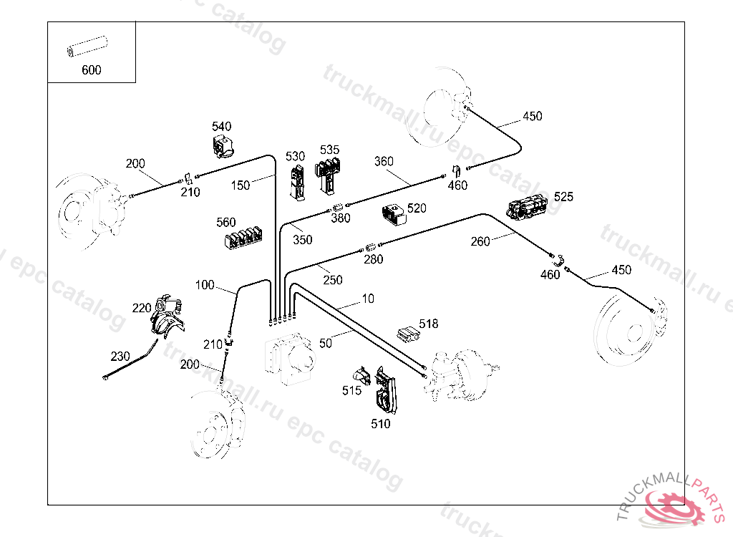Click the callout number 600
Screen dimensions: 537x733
tap(92, 70)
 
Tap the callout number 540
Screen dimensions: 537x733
tap(221, 127)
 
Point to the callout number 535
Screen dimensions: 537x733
tap(329, 150)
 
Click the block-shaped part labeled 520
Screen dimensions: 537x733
tap(393, 215)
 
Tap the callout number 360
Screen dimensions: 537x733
tap(384, 161)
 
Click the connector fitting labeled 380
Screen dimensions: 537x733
tap(338, 208)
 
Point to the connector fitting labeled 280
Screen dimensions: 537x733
tap(370, 248)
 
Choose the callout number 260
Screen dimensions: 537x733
tap(480, 241)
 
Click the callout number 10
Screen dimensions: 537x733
tap(367, 298)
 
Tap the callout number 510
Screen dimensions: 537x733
tap(381, 424)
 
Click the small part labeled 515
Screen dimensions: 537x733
tap(361, 377)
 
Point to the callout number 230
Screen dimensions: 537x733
tap(120, 356)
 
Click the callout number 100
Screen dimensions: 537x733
tap(205, 285)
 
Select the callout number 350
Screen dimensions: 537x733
tap(303, 240)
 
